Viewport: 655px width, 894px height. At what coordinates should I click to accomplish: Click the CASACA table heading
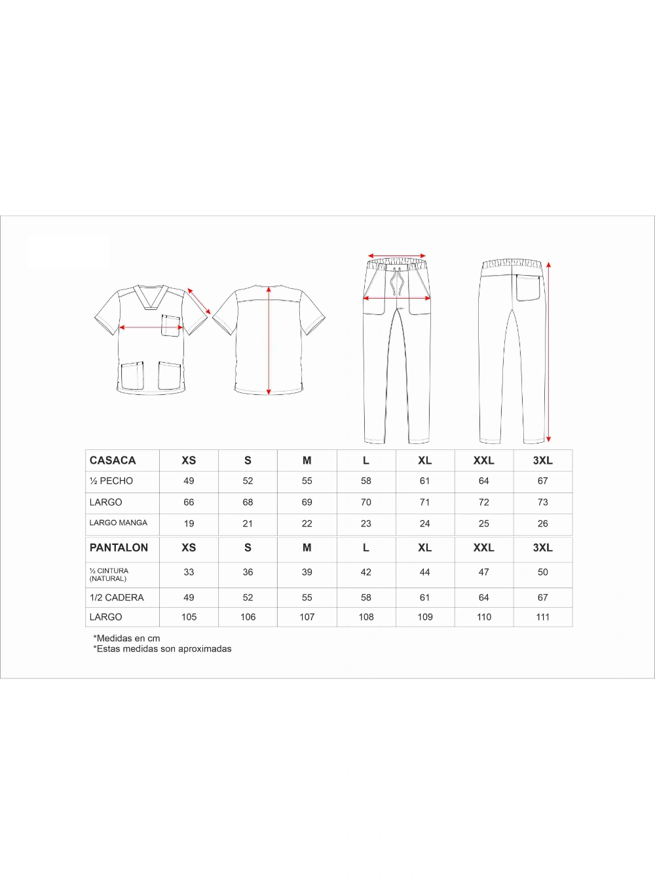click(x=113, y=460)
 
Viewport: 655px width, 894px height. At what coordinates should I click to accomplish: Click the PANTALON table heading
click(x=119, y=548)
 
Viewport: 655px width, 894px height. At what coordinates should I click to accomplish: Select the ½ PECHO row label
click(x=111, y=481)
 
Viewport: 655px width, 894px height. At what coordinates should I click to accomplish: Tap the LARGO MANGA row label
click(x=119, y=523)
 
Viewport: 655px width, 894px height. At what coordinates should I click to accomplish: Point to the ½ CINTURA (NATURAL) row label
click(x=109, y=574)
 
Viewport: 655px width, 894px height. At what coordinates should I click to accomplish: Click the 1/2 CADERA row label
click(x=117, y=597)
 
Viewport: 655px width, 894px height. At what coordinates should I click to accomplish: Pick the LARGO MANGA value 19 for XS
click(x=189, y=523)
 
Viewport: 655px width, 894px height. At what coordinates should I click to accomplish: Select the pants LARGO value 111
click(x=542, y=617)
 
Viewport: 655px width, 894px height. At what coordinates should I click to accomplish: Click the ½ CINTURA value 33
click(x=189, y=572)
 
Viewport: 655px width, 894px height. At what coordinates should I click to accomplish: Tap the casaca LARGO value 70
click(x=365, y=502)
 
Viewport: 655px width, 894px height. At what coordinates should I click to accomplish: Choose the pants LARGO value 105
click(x=189, y=617)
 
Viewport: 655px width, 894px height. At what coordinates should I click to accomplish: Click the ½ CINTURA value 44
click(x=424, y=572)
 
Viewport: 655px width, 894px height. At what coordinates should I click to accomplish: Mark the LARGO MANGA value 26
click(x=542, y=523)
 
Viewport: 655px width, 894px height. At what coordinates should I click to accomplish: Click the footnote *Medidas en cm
click(x=127, y=638)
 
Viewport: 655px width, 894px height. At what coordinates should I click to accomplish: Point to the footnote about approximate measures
click(x=162, y=648)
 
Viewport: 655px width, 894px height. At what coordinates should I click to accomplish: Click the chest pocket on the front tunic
click(x=171, y=326)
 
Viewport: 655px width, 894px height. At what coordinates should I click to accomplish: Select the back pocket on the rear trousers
click(x=528, y=287)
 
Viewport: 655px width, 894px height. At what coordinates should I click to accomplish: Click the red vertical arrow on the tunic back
click(x=269, y=341)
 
